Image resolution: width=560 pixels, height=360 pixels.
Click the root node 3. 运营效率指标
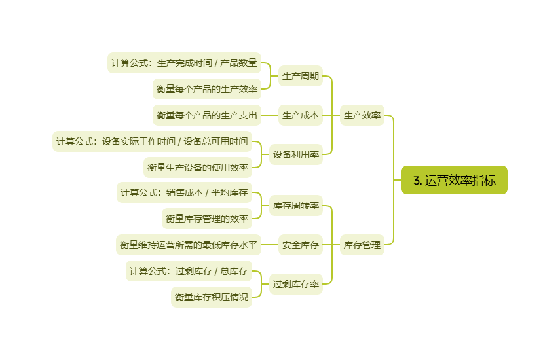tap(454, 180)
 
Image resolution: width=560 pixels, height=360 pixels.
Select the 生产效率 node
tap(362, 115)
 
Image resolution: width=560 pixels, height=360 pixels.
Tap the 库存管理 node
tap(362, 245)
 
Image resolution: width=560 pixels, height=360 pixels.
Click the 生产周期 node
tap(301, 76)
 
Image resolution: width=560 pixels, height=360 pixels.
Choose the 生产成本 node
tap(301, 115)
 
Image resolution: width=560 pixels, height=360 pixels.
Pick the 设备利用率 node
tap(296, 154)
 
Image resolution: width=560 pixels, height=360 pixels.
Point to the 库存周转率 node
tap(296, 206)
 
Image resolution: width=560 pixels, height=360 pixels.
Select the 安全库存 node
tap(301, 245)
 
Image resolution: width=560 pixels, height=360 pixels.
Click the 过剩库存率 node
tap(296, 284)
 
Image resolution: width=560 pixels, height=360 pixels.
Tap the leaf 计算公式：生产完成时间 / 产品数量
tap(184, 63)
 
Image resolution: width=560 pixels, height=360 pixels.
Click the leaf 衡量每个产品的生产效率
tap(206, 88)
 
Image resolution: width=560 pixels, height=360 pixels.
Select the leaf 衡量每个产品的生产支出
tap(206, 115)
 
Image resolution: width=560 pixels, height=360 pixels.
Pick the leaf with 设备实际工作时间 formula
tap(152, 141)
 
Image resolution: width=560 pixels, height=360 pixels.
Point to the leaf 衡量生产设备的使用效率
tap(198, 167)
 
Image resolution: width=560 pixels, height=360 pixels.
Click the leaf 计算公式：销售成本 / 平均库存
tap(184, 192)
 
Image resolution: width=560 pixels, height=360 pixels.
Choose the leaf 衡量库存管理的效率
tap(206, 218)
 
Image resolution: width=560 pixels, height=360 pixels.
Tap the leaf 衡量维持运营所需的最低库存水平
tap(188, 245)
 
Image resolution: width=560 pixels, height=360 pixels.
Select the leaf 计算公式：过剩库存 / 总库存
tap(189, 270)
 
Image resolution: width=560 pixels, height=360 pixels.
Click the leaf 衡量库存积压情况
tap(211, 297)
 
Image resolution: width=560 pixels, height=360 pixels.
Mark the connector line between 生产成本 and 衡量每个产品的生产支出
tap(270, 115)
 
